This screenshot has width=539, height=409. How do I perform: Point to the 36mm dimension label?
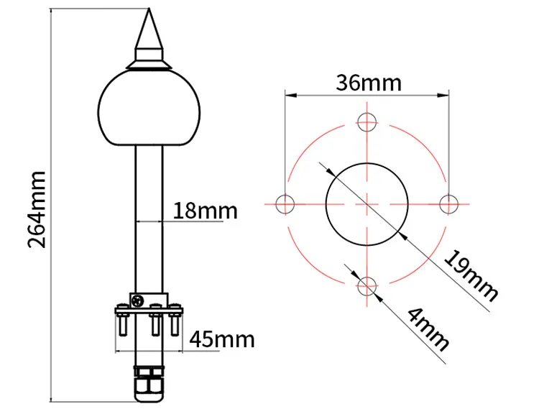click(368, 83)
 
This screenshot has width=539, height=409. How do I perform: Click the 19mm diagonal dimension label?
click(471, 276)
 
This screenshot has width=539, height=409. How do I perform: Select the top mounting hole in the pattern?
click(367, 121)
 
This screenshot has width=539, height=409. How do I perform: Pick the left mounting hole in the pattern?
click(285, 204)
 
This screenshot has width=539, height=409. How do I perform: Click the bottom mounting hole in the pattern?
click(367, 287)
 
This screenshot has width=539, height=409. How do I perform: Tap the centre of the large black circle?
click(367, 204)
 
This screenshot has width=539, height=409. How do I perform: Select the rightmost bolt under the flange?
click(173, 323)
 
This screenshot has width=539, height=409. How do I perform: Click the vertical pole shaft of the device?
click(149, 216)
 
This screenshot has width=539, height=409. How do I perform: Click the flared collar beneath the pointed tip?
click(149, 63)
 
